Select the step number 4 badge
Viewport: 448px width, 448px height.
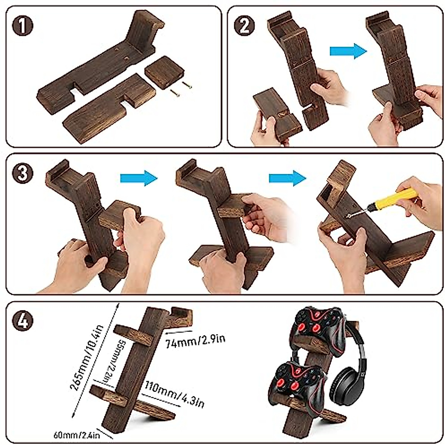click(x=22, y=321)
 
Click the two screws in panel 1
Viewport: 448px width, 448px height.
click(x=181, y=88)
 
